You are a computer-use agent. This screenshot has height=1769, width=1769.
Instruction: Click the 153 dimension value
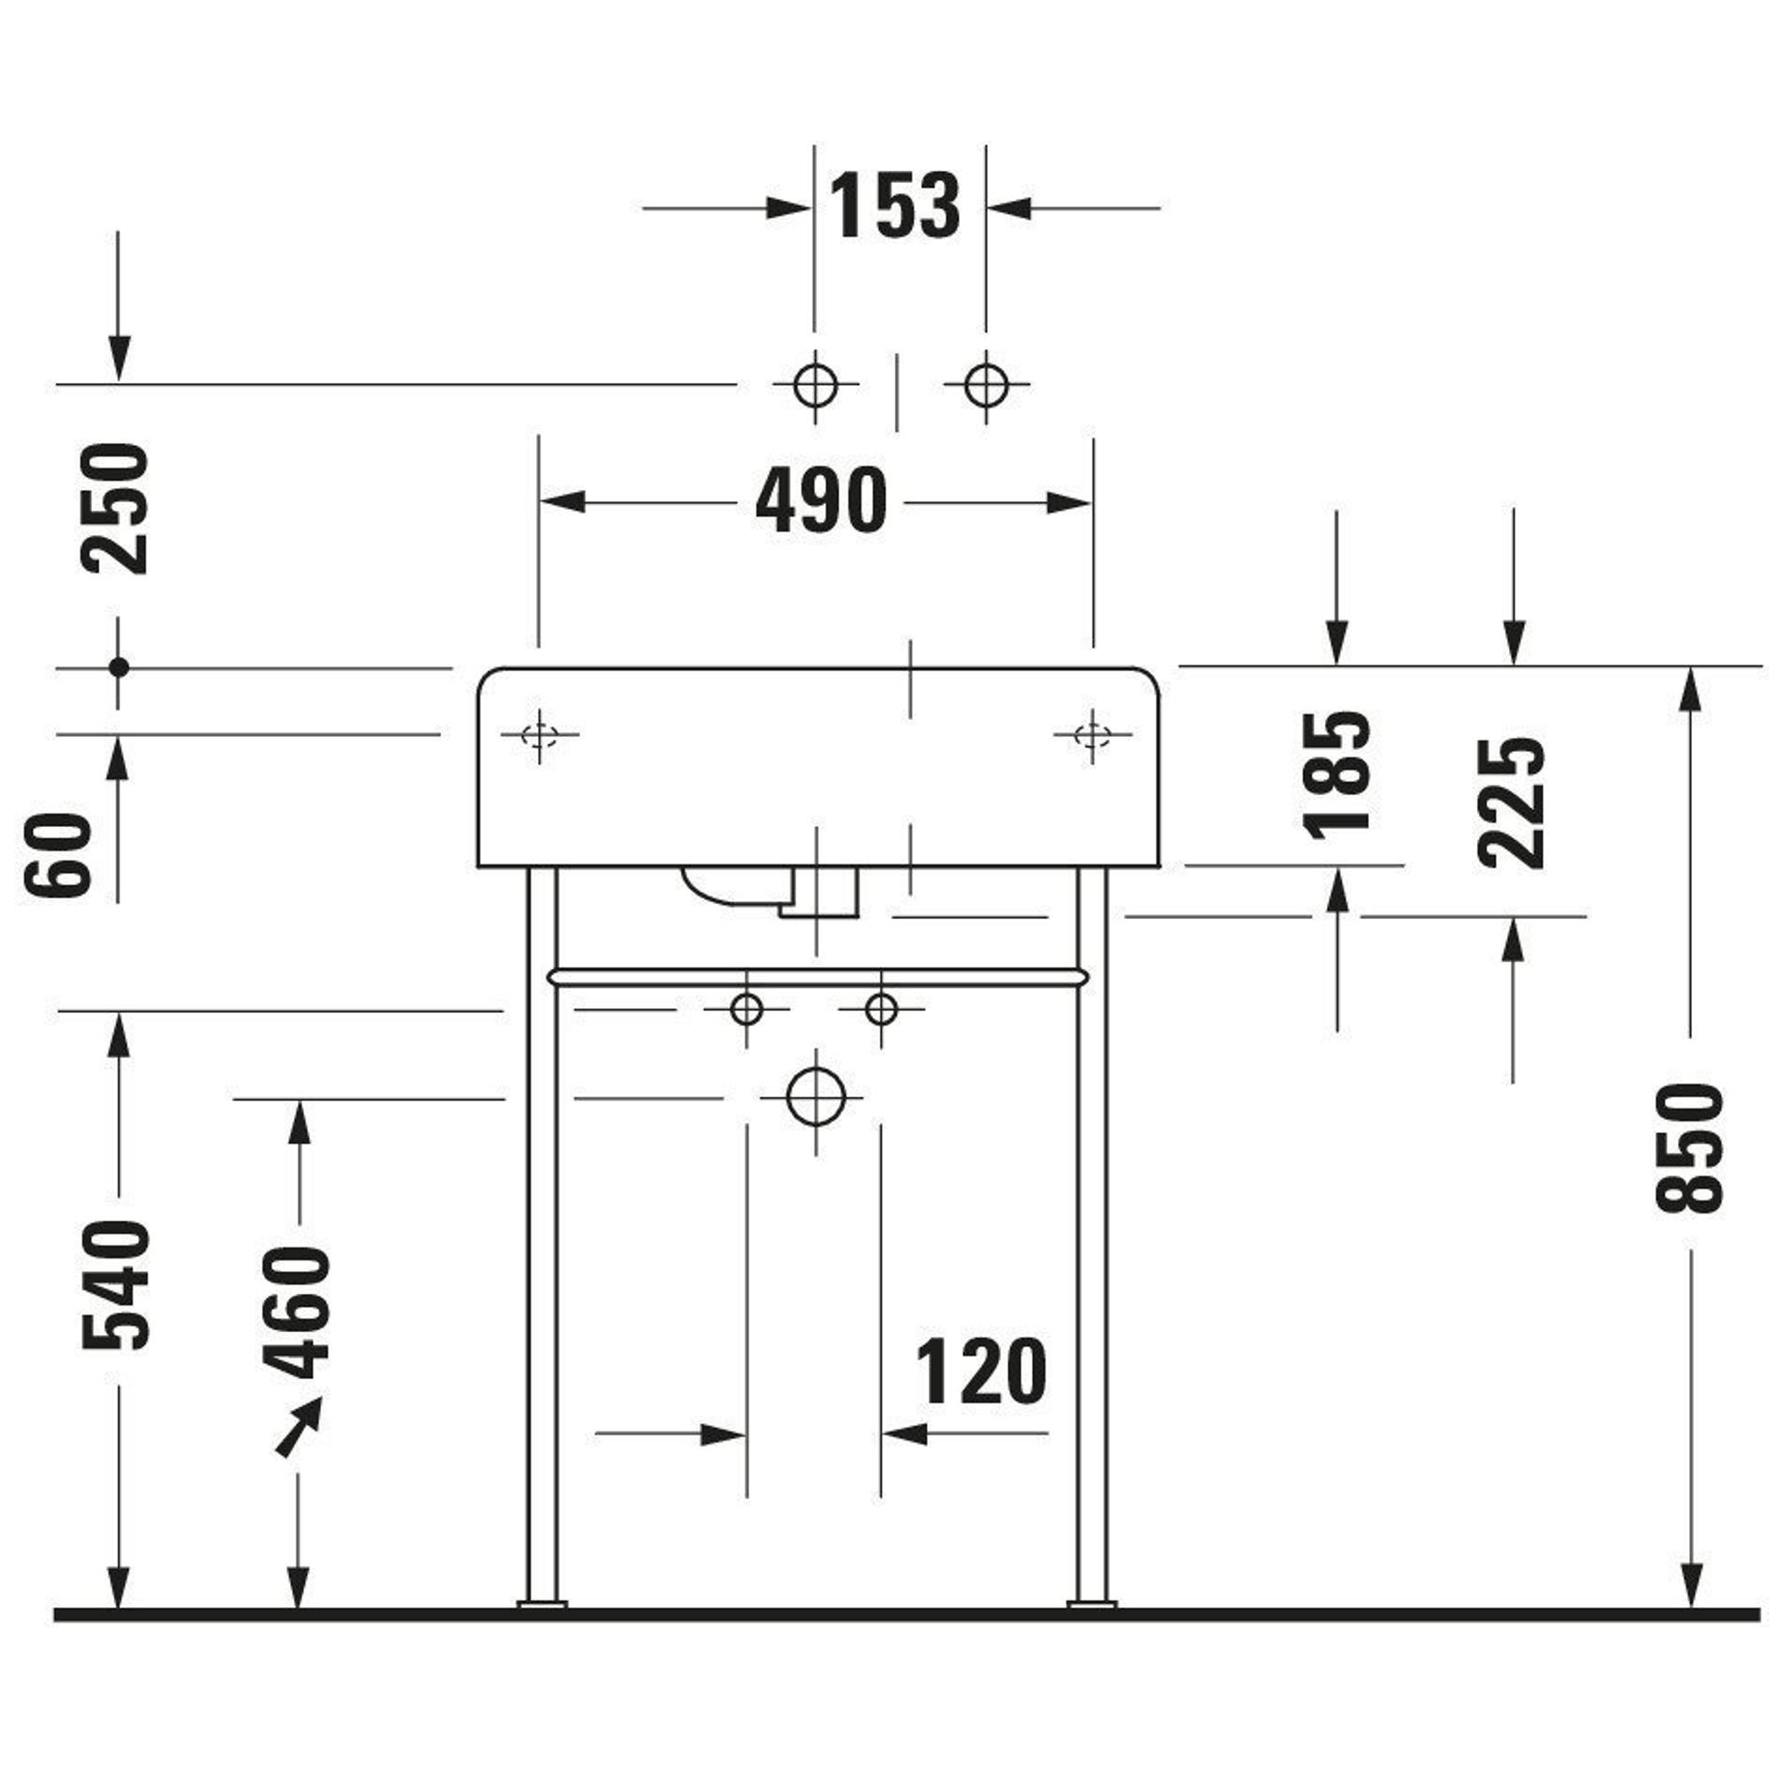point(894,206)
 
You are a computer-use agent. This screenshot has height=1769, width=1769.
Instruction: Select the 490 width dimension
point(822,500)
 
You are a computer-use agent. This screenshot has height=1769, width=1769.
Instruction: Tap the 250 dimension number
point(115,509)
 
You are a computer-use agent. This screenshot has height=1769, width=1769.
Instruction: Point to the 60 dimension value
point(58,854)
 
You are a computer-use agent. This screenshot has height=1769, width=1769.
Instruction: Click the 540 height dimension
point(115,1285)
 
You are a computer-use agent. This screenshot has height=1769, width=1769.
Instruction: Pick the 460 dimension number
point(295,1311)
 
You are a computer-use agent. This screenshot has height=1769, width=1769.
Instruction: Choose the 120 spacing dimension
point(981,1371)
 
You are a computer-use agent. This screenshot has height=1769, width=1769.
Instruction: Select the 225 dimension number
point(1512,803)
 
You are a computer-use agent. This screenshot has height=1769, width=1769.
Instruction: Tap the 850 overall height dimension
point(1689,1148)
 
